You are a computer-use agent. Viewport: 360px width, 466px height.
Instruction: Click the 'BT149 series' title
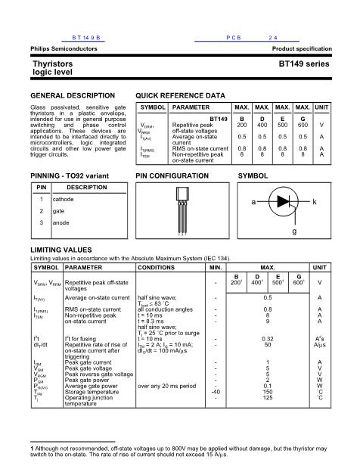pos(304,64)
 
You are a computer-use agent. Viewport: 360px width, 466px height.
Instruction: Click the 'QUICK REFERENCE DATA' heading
pos(180,96)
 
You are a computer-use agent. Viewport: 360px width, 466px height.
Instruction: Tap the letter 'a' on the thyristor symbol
pos(253,203)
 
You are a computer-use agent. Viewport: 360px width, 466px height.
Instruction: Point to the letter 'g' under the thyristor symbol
pos(294,231)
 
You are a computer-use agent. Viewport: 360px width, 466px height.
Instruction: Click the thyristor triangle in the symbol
pos(284,203)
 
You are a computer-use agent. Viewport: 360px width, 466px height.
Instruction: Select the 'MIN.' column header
pos(216,267)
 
